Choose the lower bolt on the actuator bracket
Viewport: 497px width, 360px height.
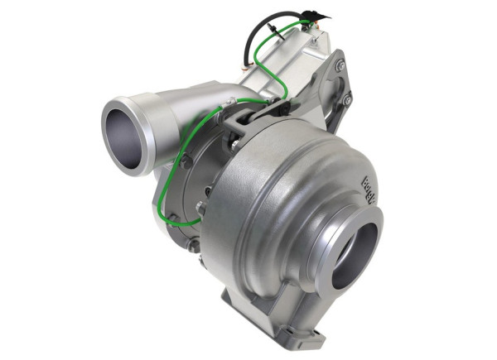pyautogui.click(x=347, y=101)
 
